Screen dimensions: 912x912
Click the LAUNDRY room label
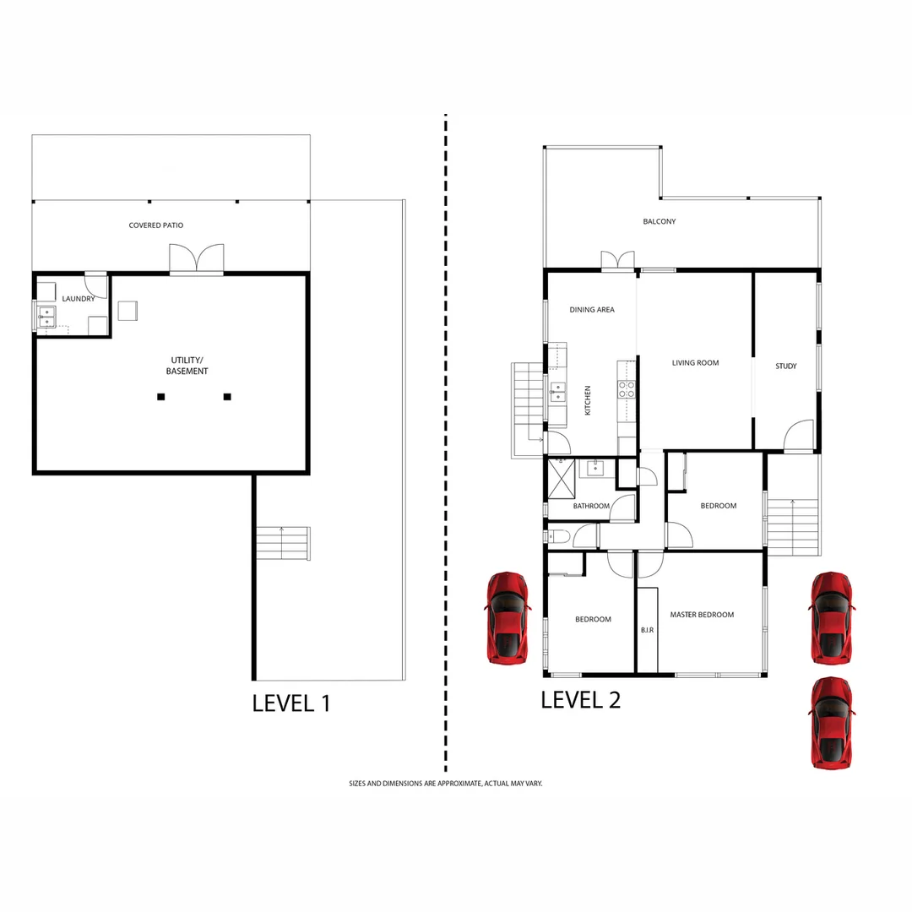78,298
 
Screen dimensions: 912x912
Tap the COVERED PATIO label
155,225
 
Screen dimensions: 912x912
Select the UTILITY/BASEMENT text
187,366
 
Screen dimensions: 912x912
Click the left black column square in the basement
160,396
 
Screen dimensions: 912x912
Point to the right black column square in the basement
227,396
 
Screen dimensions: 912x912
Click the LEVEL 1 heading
291,703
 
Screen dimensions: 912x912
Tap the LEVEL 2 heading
580,699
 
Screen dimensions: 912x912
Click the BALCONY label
659,222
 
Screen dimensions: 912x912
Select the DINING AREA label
592,310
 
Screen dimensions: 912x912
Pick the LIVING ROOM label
695,363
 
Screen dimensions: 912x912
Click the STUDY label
785,366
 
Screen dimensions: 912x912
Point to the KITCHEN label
588,400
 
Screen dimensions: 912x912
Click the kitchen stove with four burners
627,389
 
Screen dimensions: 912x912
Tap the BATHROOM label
590,507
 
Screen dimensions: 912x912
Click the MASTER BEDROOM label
702,615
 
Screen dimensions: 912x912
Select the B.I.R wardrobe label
647,630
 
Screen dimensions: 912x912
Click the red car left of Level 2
507,617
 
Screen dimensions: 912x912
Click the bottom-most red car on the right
831,722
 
